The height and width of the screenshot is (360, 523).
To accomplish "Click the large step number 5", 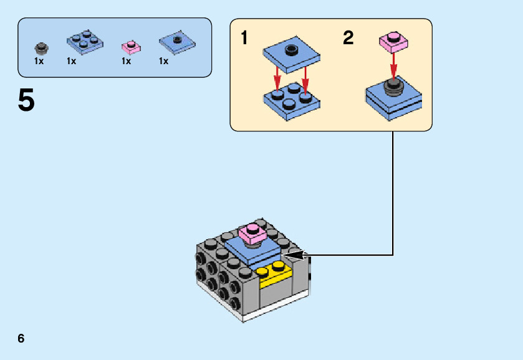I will click(x=26, y=101).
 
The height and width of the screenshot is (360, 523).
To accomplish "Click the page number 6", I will click(x=21, y=338).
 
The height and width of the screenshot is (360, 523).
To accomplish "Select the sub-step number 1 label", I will click(x=245, y=39).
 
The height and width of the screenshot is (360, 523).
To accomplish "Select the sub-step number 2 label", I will click(x=348, y=39).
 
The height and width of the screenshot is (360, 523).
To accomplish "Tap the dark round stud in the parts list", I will click(x=41, y=47).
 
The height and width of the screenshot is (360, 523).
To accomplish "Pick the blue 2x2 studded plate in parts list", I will click(x=84, y=40).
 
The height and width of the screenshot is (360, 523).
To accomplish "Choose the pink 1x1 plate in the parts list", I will click(x=130, y=46).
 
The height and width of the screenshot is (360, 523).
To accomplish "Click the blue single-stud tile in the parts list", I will click(x=177, y=42).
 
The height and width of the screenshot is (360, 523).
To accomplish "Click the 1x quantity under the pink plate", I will click(x=127, y=61).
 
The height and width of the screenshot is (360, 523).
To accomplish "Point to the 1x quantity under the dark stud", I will click(x=39, y=61).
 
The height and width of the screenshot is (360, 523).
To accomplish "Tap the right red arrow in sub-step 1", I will click(x=305, y=80).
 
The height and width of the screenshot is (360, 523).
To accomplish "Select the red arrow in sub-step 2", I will click(x=393, y=63).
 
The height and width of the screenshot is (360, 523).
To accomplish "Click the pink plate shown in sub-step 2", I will click(x=393, y=41).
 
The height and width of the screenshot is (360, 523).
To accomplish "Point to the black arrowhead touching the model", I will click(x=294, y=254).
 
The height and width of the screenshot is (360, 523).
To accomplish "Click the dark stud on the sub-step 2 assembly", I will click(x=393, y=85).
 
